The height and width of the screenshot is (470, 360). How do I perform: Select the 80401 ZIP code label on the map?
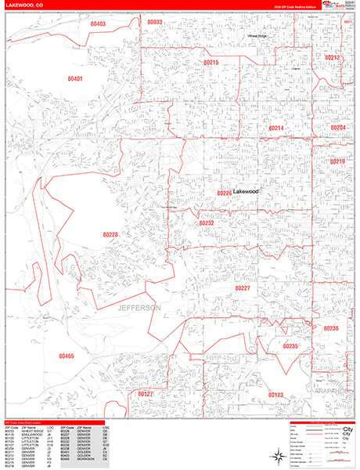tap(75, 79)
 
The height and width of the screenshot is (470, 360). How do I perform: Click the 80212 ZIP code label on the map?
tap(333, 58)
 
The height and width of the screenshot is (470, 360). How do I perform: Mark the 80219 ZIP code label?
tap(337, 161)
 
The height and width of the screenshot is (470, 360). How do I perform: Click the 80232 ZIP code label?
tap(207, 223)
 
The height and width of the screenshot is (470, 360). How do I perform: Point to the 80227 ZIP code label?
tap(243, 288)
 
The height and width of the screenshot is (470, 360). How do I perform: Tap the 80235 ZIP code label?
tap(290, 345)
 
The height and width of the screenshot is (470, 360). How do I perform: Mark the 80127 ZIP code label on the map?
tap(146, 395)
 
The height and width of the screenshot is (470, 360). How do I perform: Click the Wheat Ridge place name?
tap(257, 36)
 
